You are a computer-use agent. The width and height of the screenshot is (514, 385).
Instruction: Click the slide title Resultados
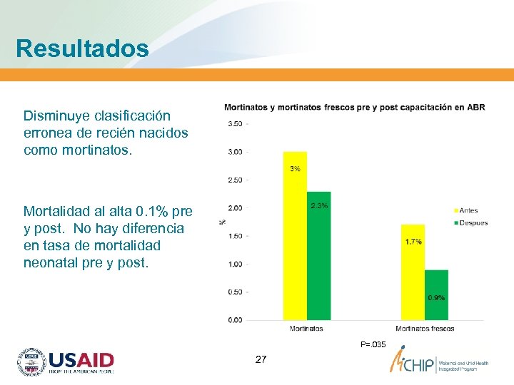[82, 48]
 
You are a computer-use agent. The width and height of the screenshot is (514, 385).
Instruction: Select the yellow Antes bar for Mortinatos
[295, 235]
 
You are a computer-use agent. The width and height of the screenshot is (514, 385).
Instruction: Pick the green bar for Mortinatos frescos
[436, 294]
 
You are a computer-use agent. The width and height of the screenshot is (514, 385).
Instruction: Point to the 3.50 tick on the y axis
[234, 124]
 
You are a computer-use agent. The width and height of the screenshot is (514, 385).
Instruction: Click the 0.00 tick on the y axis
[234, 320]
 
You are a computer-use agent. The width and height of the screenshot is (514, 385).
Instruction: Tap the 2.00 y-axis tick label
[234, 208]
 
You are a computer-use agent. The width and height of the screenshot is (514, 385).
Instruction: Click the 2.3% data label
[319, 205]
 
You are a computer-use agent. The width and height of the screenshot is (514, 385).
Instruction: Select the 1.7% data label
[413, 242]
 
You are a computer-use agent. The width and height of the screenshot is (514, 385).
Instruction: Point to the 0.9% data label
[436, 297]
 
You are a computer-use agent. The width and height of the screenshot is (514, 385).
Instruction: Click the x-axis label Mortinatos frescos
[425, 329]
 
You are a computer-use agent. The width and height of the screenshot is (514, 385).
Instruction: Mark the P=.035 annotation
[373, 345]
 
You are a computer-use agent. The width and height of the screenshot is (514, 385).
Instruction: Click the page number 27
[261, 359]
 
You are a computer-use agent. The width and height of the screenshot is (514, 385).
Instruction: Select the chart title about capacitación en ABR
[354, 108]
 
